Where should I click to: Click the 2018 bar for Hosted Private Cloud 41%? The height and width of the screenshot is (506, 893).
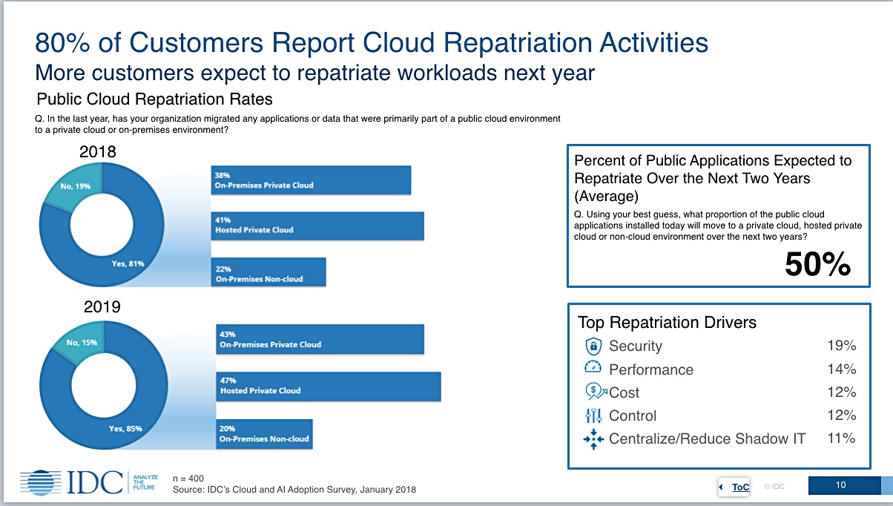point(317,226)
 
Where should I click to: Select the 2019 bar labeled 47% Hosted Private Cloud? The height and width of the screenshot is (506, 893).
point(329,387)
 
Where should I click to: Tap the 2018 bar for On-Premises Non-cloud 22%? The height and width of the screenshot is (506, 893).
point(268,272)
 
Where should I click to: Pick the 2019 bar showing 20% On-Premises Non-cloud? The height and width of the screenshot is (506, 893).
point(264,434)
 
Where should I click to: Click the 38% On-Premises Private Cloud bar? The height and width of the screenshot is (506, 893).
point(311,180)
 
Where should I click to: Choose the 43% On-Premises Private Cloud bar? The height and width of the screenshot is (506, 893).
point(320,339)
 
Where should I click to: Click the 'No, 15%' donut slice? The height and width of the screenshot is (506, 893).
point(82,342)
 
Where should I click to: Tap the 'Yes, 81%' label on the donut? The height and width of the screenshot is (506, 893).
point(128,263)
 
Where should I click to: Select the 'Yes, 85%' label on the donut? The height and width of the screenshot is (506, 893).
point(125,429)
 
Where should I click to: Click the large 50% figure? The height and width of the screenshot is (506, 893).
point(817,264)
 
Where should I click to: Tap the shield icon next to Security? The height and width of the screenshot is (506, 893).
point(593,346)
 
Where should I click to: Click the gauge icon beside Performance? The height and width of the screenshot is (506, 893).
point(593,367)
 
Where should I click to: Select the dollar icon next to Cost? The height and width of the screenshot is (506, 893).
point(596,392)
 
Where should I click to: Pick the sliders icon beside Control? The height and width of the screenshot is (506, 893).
point(593,415)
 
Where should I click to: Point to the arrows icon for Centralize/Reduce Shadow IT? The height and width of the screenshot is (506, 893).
point(593,439)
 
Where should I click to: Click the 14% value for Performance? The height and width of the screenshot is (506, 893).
point(842,369)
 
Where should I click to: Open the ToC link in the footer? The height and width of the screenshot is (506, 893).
point(740,487)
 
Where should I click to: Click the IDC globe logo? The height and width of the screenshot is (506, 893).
point(41,483)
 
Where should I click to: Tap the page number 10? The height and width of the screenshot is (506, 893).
point(840,485)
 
